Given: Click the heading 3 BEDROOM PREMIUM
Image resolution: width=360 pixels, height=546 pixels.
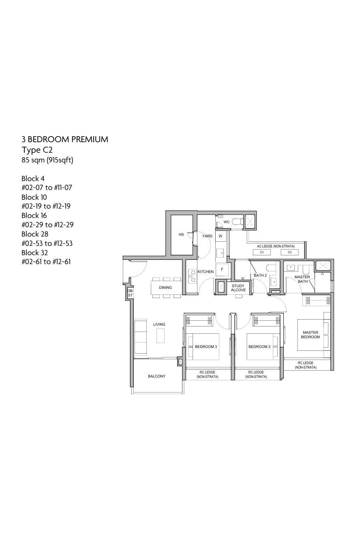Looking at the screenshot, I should click(65, 139).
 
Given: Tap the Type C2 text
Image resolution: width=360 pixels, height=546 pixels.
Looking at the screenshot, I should click(37, 150).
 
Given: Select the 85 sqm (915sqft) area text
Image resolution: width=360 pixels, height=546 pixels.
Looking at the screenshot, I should click(47, 160).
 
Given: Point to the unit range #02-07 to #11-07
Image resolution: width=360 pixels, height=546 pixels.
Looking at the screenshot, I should click(47, 188).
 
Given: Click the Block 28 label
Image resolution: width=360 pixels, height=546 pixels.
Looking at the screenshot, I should click(34, 234).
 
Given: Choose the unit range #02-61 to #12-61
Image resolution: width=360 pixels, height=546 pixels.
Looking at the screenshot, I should click(46, 262).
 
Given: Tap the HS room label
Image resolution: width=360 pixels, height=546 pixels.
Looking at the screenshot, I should click(181, 235).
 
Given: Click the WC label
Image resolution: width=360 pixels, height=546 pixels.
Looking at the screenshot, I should click(227, 222).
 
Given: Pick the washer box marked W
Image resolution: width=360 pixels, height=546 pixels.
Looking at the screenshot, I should click(221, 236).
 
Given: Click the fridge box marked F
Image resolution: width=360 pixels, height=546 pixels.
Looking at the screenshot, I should click(222, 269).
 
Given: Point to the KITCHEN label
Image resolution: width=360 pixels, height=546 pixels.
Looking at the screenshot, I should click(206, 272).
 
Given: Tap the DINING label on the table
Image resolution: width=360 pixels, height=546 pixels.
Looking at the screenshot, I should click(165, 288).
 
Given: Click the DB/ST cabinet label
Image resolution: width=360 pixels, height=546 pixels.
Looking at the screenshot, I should click(130, 293).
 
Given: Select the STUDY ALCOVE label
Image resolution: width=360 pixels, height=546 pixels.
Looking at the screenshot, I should click(238, 288).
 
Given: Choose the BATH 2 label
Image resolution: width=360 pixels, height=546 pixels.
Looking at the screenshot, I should click(260, 275).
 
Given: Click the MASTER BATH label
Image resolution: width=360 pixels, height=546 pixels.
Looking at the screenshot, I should click(302, 279).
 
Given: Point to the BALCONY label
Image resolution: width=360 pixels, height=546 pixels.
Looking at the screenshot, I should click(156, 376).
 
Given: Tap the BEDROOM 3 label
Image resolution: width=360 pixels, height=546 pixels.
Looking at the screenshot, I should click(206, 347).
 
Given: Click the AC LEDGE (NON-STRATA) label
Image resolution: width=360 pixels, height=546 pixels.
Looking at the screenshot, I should click(276, 246).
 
